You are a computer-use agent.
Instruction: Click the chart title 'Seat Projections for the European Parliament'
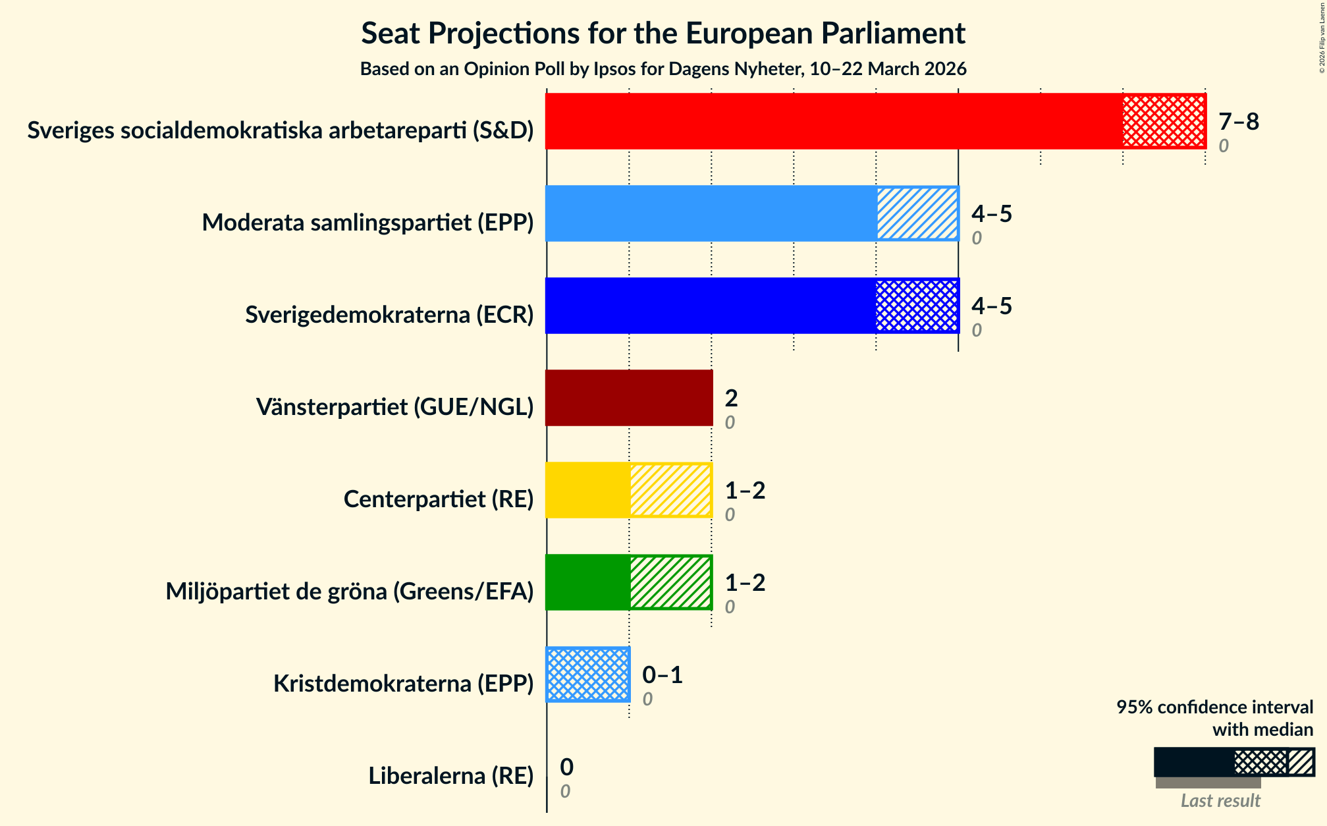pyautogui.click(x=663, y=34)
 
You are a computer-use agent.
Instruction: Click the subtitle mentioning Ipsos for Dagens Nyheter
pyautogui.click(x=663, y=69)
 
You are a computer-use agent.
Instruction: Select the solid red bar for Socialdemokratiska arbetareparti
pyautogui.click(x=834, y=121)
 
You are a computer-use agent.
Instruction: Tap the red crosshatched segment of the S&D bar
pyautogui.click(x=1164, y=121)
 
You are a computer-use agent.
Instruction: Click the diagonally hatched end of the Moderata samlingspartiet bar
pyautogui.click(x=917, y=213)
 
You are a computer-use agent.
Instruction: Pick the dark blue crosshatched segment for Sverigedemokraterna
pyautogui.click(x=917, y=306)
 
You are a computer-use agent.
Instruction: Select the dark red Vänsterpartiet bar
pyautogui.click(x=629, y=398)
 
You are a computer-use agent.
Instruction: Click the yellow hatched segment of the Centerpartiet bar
pyautogui.click(x=670, y=490)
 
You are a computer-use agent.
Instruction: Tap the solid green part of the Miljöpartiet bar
pyautogui.click(x=587, y=582)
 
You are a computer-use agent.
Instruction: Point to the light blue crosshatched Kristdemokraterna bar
pyautogui.click(x=588, y=675)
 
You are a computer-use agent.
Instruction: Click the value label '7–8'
pyautogui.click(x=1238, y=122)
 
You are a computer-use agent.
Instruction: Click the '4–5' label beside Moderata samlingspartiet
pyautogui.click(x=991, y=214)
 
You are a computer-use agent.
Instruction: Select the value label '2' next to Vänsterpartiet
pyautogui.click(x=731, y=399)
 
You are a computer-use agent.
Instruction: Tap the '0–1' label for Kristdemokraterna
pyautogui.click(x=662, y=675)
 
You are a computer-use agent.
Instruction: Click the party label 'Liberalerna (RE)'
pyautogui.click(x=450, y=776)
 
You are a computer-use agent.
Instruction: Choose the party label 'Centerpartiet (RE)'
pyautogui.click(x=438, y=499)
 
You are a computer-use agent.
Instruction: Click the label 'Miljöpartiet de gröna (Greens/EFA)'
pyautogui.click(x=349, y=592)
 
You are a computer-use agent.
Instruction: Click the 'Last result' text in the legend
pyautogui.click(x=1220, y=800)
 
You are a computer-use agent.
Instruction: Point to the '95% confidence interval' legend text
pyautogui.click(x=1214, y=707)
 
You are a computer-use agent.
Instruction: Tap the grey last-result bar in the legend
pyautogui.click(x=1208, y=783)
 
